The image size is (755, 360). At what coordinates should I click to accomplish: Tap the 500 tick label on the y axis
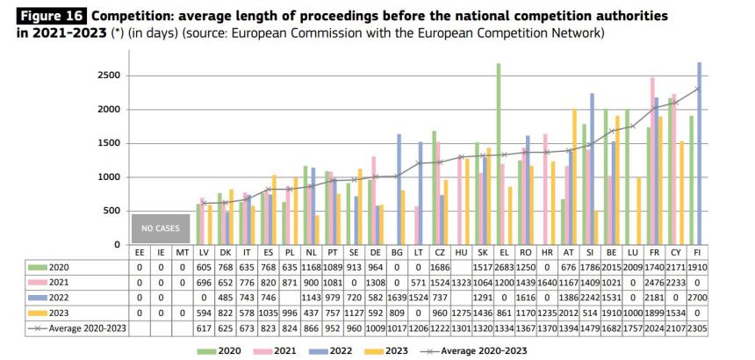pyautogui.click(x=111, y=211)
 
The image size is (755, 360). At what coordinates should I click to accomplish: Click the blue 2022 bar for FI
pyautogui.click(x=699, y=153)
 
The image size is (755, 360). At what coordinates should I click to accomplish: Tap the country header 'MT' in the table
pyautogui.click(x=182, y=253)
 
